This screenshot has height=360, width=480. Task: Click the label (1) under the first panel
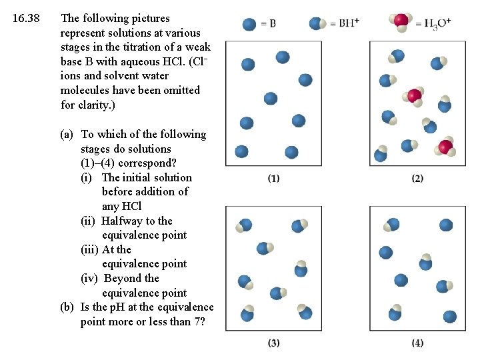[x=273, y=178]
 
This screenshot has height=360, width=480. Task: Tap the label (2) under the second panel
[x=417, y=178]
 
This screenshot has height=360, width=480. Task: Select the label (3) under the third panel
[x=273, y=343]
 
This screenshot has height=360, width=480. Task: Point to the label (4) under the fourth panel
[x=417, y=343]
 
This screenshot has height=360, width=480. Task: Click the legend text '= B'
[x=268, y=24]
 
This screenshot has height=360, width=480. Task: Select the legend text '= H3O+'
[x=433, y=24]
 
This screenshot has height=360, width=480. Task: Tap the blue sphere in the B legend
[x=250, y=24]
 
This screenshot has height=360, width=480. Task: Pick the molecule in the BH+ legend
[x=318, y=23]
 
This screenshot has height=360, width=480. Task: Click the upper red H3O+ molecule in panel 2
[x=414, y=96]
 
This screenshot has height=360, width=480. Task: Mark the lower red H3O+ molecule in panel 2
[x=445, y=147]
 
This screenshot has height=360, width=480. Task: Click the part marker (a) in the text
[x=67, y=134]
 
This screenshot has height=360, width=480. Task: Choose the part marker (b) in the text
[x=67, y=307]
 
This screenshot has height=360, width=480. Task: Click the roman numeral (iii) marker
[x=90, y=249]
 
